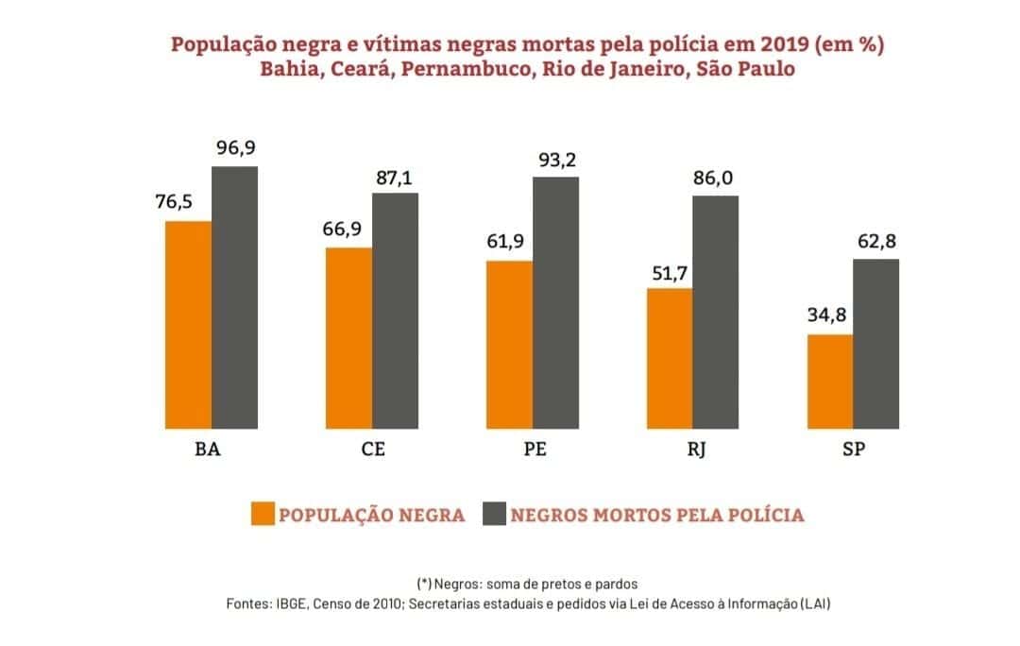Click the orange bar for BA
[188, 323]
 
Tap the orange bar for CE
[348, 336]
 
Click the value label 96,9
[235, 148]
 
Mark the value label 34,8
[828, 316]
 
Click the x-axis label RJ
[695, 450]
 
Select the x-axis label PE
[535, 450]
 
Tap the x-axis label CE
[373, 450]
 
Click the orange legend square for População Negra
[263, 514]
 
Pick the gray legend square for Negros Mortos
[495, 514]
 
